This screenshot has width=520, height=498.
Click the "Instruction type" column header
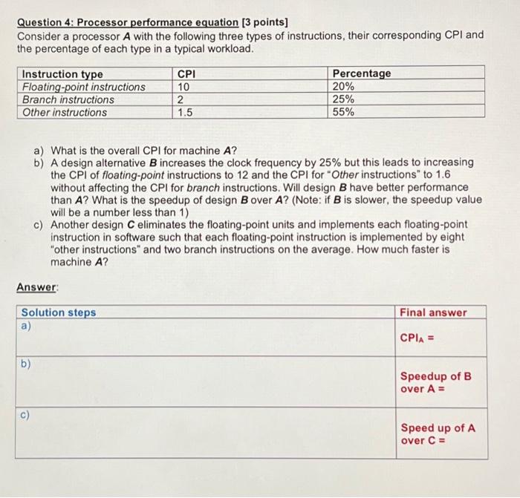coord(62,73)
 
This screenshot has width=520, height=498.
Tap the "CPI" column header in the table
coord(187,73)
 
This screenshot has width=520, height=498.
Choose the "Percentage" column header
coord(361,73)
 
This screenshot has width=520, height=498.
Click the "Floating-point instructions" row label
coord(84,87)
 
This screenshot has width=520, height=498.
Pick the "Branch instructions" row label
coord(68,99)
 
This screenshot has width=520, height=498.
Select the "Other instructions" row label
coord(65,112)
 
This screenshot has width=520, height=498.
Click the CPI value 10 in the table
coord(183,87)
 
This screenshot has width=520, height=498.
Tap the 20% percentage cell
coord(343,87)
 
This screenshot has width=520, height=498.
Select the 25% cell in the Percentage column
coord(343,99)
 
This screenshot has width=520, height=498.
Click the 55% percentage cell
coord(343,112)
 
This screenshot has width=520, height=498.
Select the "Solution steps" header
coord(59,312)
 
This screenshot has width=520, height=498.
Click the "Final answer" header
coord(434,312)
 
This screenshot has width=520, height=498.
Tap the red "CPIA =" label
coord(417,338)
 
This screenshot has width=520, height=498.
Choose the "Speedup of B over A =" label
coord(436,382)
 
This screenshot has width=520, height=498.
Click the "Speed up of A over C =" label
coord(438,434)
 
